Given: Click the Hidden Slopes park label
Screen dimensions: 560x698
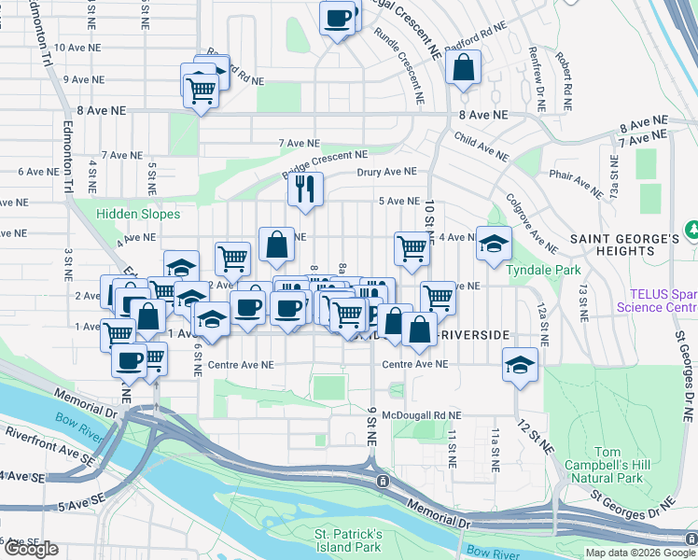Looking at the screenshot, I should [137, 215].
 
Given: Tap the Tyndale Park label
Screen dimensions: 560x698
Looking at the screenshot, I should [529, 270].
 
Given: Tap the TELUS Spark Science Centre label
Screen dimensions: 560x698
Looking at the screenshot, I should [656, 300].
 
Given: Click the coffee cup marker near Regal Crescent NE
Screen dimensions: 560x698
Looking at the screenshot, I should [338, 16].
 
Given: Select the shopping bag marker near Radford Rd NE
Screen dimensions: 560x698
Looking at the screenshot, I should [463, 67].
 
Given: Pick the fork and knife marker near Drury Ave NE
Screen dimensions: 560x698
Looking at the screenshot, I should [304, 189].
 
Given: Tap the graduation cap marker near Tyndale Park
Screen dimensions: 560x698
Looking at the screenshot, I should [494, 245].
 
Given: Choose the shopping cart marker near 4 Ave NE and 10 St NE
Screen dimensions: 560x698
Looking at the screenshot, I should [412, 248].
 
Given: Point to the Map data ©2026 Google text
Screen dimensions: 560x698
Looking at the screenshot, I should [640, 553].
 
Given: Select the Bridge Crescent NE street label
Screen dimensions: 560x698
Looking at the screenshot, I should [326, 165].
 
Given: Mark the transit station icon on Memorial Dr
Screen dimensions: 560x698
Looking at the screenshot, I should [383, 481].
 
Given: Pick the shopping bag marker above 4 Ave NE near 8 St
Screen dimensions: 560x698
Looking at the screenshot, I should [276, 245].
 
